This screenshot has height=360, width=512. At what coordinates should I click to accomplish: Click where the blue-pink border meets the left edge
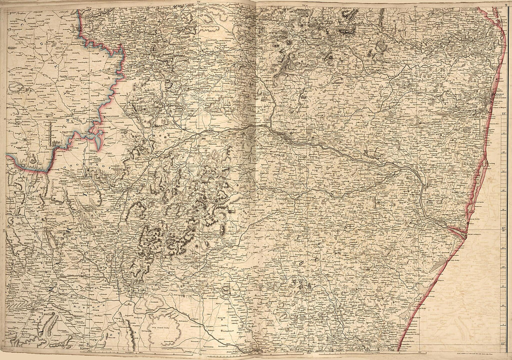click(x=7, y=157)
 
